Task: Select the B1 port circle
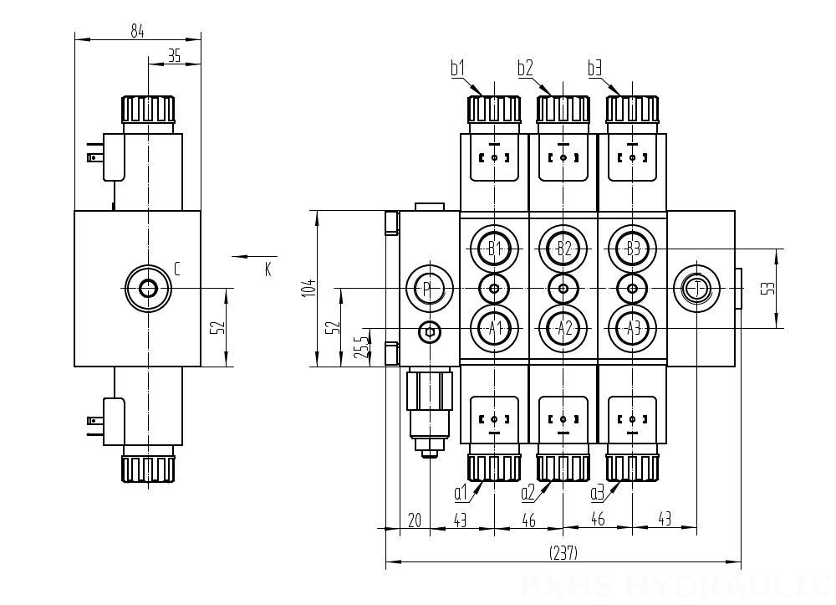494,249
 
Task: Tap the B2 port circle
563,249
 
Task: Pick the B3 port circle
632,249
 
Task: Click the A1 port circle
494,328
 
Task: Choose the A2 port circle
563,328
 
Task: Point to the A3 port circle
632,328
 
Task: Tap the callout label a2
528,492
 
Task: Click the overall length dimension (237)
563,553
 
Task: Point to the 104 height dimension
308,288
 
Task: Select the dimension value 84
137,31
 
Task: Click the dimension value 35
174,56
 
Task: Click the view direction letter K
268,269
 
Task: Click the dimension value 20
413,520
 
